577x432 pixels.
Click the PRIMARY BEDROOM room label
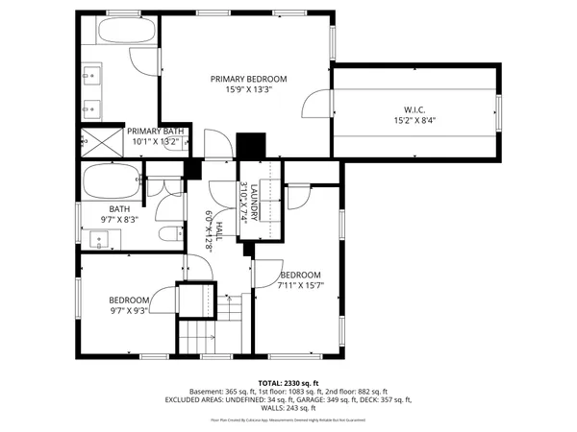coord(249,81)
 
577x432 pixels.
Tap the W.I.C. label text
coord(414,108)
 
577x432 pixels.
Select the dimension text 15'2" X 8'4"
coord(414,120)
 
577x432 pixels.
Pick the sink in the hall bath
coord(100,240)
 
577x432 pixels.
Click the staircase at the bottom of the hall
coord(199,336)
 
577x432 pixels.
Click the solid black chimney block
coord(250,145)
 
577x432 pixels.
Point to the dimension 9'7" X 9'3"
coord(128,311)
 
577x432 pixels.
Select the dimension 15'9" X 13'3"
coord(249,92)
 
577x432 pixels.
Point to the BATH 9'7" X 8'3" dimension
coord(120,219)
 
